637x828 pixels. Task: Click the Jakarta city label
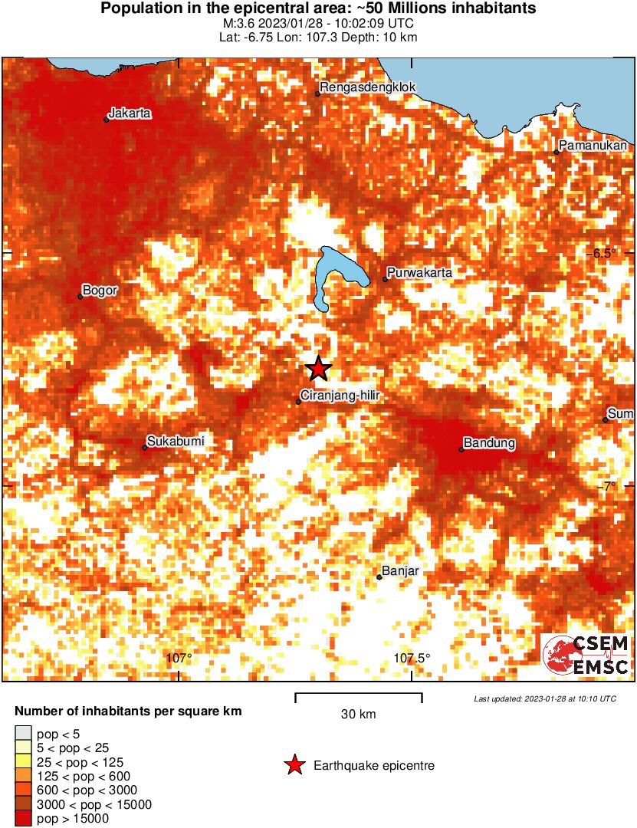click(130, 113)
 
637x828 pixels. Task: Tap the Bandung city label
click(489, 443)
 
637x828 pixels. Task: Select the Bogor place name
click(99, 291)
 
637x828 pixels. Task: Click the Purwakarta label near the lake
click(419, 273)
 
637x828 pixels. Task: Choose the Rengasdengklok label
click(368, 87)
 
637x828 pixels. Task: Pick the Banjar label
click(399, 571)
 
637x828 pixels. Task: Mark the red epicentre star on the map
click(318, 370)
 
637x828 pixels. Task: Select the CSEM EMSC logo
click(586, 655)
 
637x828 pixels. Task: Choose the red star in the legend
click(293, 765)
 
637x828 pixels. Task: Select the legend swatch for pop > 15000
click(23, 819)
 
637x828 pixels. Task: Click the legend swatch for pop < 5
click(23, 734)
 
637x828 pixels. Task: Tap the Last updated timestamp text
click(545, 699)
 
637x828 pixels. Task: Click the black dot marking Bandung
click(461, 449)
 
